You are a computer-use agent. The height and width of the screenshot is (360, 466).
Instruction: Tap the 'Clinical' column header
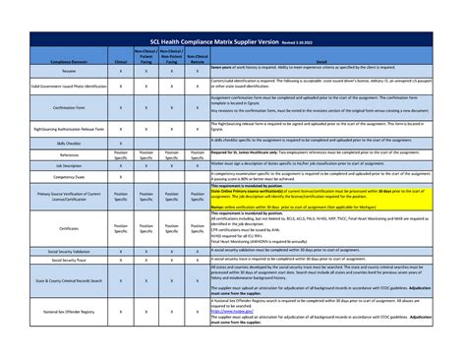[120, 61]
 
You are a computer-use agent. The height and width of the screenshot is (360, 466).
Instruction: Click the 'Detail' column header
[320, 61]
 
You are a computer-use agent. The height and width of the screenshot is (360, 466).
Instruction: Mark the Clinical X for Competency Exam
[120, 177]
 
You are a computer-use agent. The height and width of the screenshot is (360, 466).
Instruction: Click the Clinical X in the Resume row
[120, 71]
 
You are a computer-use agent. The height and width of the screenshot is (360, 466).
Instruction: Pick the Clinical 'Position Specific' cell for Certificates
[120, 227]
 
